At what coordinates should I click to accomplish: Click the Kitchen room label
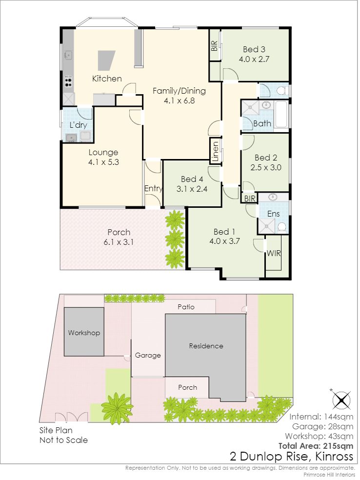pyautogui.click(x=107, y=79)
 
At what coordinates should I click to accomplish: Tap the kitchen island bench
pyautogui.click(x=106, y=60)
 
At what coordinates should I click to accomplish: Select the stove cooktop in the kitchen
pyautogui.click(x=68, y=81)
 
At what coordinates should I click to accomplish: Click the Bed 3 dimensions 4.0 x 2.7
pyautogui.click(x=254, y=59)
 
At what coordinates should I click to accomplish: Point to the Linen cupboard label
pyautogui.click(x=216, y=151)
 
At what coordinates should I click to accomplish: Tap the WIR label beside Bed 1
pyautogui.click(x=274, y=253)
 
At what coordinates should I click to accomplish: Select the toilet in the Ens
pyautogui.click(x=281, y=227)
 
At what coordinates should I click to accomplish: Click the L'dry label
pyautogui.click(x=79, y=125)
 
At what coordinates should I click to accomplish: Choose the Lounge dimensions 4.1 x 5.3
pyautogui.click(x=104, y=162)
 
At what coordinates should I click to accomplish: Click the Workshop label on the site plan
pyautogui.click(x=84, y=333)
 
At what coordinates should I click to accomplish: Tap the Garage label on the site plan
pyautogui.click(x=148, y=356)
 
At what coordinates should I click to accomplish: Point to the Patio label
pyautogui.click(x=186, y=307)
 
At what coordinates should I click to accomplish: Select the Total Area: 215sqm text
pyautogui.click(x=316, y=446)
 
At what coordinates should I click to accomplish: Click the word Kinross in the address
pyautogui.click(x=334, y=457)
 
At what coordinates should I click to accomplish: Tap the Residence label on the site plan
pyautogui.click(x=206, y=346)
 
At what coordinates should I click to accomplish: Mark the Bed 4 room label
pyautogui.click(x=192, y=179)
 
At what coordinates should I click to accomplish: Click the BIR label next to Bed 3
pyautogui.click(x=214, y=46)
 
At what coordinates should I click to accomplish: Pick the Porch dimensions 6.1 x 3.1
pyautogui.click(x=119, y=242)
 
